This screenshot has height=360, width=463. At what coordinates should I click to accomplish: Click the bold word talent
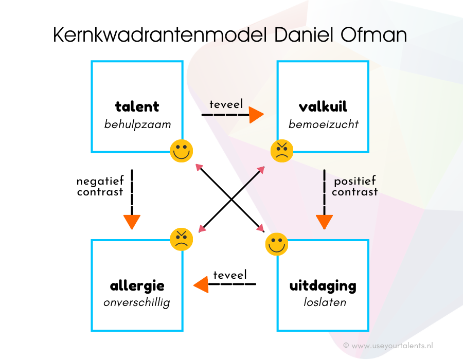click(137, 107)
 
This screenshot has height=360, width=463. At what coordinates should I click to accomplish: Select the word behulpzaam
click(137, 124)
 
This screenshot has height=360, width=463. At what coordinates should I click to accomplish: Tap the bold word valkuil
click(323, 107)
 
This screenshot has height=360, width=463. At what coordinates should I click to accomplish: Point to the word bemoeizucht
click(323, 124)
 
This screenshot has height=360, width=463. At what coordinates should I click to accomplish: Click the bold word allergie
click(137, 285)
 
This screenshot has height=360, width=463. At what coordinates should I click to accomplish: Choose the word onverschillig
click(137, 302)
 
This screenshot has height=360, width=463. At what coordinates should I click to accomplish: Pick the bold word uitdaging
click(323, 285)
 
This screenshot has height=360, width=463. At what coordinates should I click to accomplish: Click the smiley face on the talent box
click(182, 151)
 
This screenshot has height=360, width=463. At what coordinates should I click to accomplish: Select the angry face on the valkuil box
click(282, 151)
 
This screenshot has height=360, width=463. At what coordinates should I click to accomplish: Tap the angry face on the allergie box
click(182, 239)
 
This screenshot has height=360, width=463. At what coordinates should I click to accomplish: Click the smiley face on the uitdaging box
click(277, 244)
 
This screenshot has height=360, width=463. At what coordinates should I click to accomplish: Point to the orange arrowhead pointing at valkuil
click(256, 115)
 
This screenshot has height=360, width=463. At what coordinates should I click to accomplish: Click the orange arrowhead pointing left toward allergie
click(201, 283)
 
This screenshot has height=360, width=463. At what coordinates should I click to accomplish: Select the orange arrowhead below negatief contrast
click(132, 222)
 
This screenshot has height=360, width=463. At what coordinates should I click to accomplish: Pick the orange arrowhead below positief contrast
click(324, 222)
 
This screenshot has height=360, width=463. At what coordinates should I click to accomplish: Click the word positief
click(355, 181)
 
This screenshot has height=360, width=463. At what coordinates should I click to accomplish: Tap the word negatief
click(100, 181)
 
